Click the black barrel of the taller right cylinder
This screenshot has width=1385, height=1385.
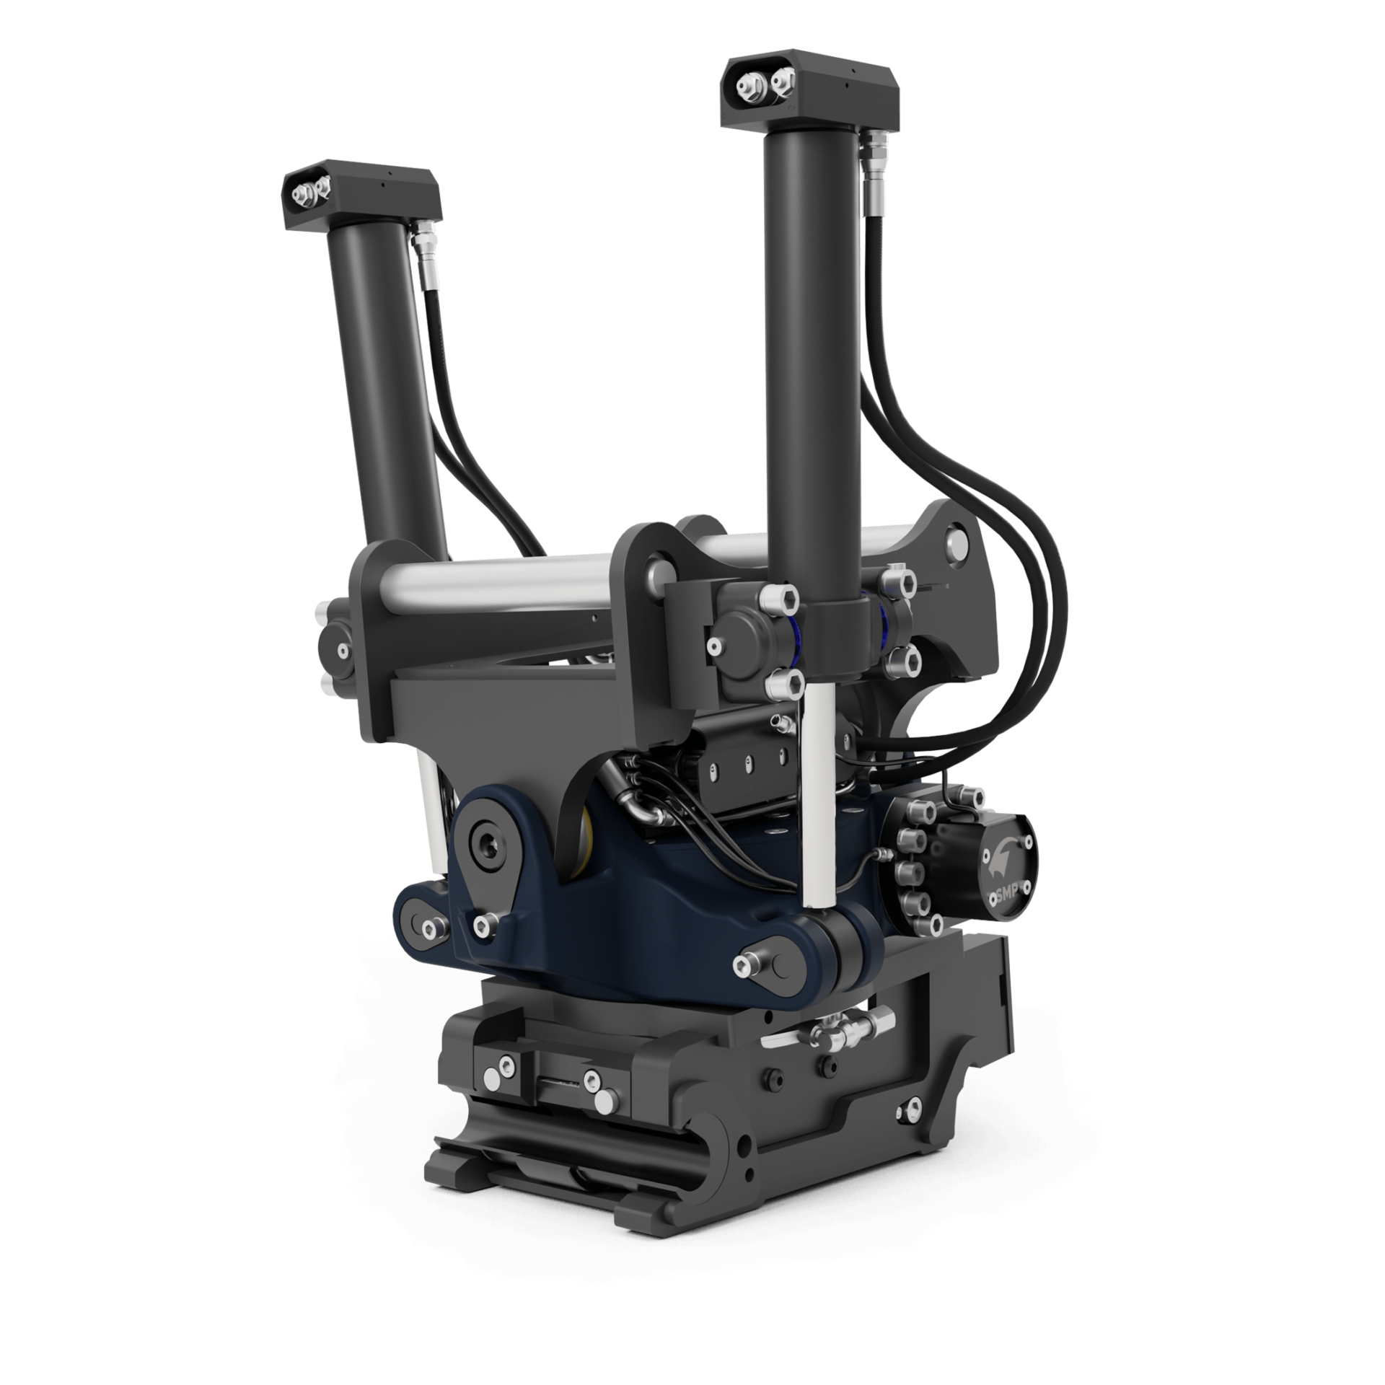coord(814,361)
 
